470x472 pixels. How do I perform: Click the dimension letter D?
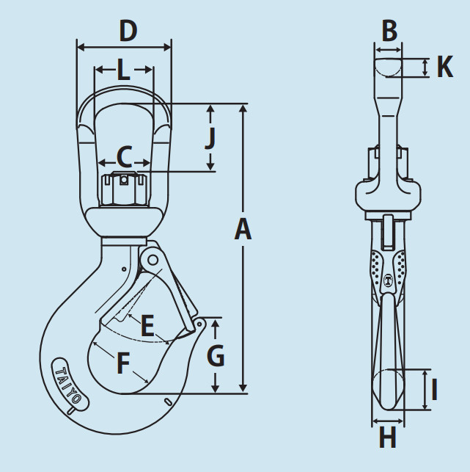pyautogui.click(x=128, y=31)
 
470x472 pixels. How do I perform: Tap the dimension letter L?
pyautogui.click(x=124, y=70)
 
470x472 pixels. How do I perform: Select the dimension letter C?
pyautogui.click(x=125, y=157)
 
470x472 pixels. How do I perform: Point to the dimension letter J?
pyautogui.click(x=210, y=139)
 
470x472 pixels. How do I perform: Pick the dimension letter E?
pyautogui.click(x=147, y=325)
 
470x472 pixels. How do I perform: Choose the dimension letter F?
pyautogui.click(x=123, y=363)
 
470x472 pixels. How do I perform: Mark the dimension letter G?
pyautogui.click(x=216, y=355)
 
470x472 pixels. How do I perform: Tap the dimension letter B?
pyautogui.click(x=389, y=31)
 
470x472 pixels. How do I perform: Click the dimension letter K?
pyautogui.click(x=445, y=67)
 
